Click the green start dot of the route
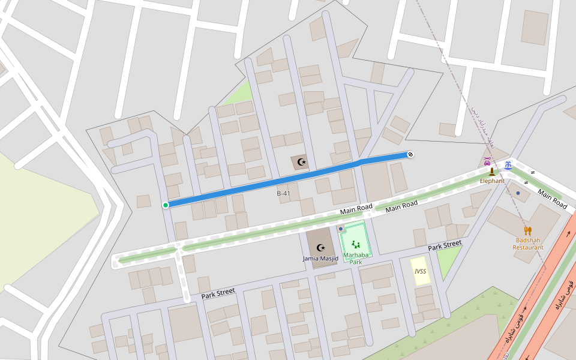coord(166,205)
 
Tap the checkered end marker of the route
coord(410,154)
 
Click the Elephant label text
coord(491,181)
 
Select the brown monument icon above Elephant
coord(492,172)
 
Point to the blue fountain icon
coord(508,164)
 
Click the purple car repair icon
coord(488,161)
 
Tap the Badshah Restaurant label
coord(528,244)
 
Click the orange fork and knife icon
coord(528,230)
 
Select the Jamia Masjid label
coord(320,259)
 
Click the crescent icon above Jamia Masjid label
coord(320,247)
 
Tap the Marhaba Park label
coord(356,258)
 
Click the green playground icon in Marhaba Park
coord(356,244)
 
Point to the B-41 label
coord(283,194)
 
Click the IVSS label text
coord(420,271)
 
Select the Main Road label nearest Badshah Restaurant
coord(552,199)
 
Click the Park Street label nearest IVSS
coord(445,245)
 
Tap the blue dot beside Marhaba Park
coord(341,229)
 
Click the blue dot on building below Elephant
coord(518,193)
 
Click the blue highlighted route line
coord(270,182)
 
